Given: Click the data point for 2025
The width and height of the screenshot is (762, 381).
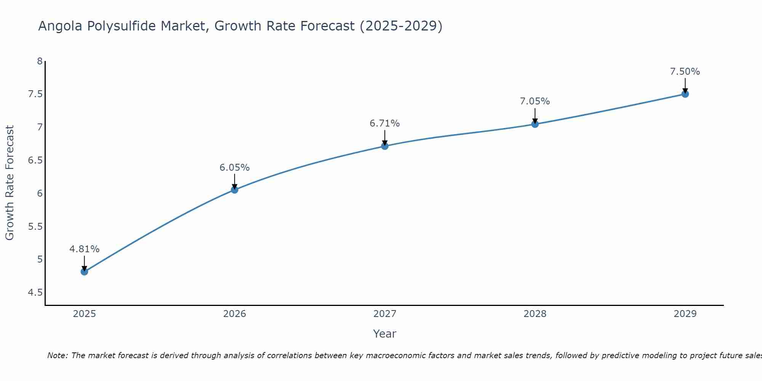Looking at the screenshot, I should (x=84, y=272).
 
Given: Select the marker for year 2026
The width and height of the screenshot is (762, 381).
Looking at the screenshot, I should (x=234, y=190).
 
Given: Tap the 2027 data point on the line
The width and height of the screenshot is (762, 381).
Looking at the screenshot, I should (x=385, y=146).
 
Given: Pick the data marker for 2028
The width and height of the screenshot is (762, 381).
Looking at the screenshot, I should (x=535, y=124).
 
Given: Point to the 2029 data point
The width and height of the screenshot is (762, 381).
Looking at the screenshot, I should (x=685, y=94).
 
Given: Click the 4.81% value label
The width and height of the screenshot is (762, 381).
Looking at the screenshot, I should (x=84, y=249).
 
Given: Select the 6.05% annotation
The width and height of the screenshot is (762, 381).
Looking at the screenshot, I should (x=234, y=168).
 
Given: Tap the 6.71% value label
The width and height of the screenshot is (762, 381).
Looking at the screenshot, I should (x=385, y=123).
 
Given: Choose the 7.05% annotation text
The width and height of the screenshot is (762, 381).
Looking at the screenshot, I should (x=535, y=101).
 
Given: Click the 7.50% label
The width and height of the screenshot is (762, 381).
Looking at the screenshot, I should (x=685, y=72).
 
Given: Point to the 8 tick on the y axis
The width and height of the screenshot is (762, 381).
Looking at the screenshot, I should (x=40, y=61).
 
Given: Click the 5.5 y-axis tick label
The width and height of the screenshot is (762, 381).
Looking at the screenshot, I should (x=35, y=227).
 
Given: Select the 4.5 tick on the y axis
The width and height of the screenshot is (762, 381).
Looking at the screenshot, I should (x=35, y=293).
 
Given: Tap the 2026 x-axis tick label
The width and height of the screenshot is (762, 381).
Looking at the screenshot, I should (x=234, y=314).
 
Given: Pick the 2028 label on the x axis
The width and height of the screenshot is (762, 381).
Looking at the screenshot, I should (x=535, y=314).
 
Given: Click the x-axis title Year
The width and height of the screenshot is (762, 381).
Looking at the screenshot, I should (x=385, y=334).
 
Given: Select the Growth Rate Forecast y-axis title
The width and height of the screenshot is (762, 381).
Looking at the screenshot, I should (x=10, y=183).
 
